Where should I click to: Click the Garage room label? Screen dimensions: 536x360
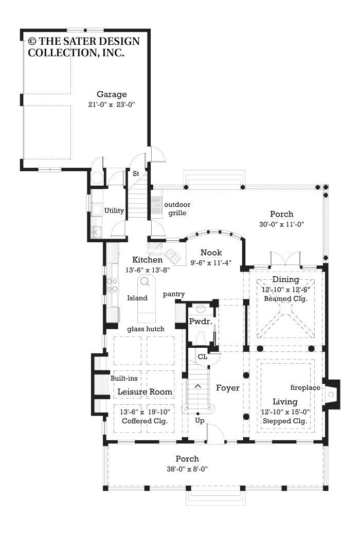(x=112, y=94)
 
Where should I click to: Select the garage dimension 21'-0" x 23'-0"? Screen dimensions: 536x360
(x=112, y=104)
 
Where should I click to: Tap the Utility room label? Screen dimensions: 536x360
(x=114, y=211)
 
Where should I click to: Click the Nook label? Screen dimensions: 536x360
(x=211, y=253)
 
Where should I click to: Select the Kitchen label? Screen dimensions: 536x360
(x=147, y=260)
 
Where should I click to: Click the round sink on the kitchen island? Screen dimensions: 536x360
(x=145, y=281)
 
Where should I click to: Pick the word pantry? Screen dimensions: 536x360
(x=174, y=294)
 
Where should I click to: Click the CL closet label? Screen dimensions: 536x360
(x=203, y=355)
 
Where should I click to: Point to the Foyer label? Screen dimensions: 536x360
(x=227, y=388)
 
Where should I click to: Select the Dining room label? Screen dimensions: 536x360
(x=285, y=279)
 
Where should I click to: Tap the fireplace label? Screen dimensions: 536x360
(x=304, y=387)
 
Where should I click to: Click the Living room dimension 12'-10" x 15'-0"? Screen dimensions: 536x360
(x=285, y=411)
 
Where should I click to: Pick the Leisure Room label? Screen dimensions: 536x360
(x=145, y=392)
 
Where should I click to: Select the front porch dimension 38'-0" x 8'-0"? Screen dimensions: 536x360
(x=187, y=469)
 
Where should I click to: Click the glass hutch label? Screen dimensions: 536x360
(x=146, y=329)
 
